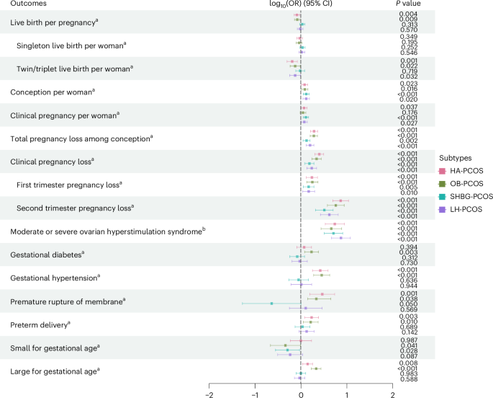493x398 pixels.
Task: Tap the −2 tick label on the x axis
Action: point(209,394)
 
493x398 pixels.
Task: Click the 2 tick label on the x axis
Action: point(392,394)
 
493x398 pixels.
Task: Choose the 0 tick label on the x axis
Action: point(301,394)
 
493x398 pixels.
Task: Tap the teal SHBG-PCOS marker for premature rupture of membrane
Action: point(271,304)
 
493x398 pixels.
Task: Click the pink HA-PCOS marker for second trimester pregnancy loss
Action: point(341,201)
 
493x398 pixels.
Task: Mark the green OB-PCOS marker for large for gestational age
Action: point(315,368)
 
